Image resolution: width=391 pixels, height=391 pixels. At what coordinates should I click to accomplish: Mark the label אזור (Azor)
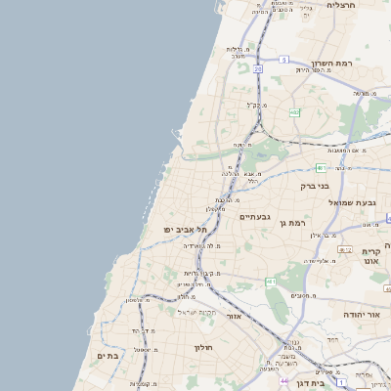(233, 316)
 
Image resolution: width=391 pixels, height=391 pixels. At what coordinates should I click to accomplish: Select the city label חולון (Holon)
(202, 347)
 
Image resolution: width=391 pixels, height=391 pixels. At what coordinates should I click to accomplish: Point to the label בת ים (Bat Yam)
(107, 357)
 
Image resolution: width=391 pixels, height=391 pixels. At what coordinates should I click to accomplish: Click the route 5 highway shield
(282, 60)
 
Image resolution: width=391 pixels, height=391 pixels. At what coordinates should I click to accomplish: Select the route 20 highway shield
(258, 69)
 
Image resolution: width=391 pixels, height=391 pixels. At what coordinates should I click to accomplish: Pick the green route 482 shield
(294, 112)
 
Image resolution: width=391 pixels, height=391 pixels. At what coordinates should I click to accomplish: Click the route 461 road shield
(270, 281)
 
